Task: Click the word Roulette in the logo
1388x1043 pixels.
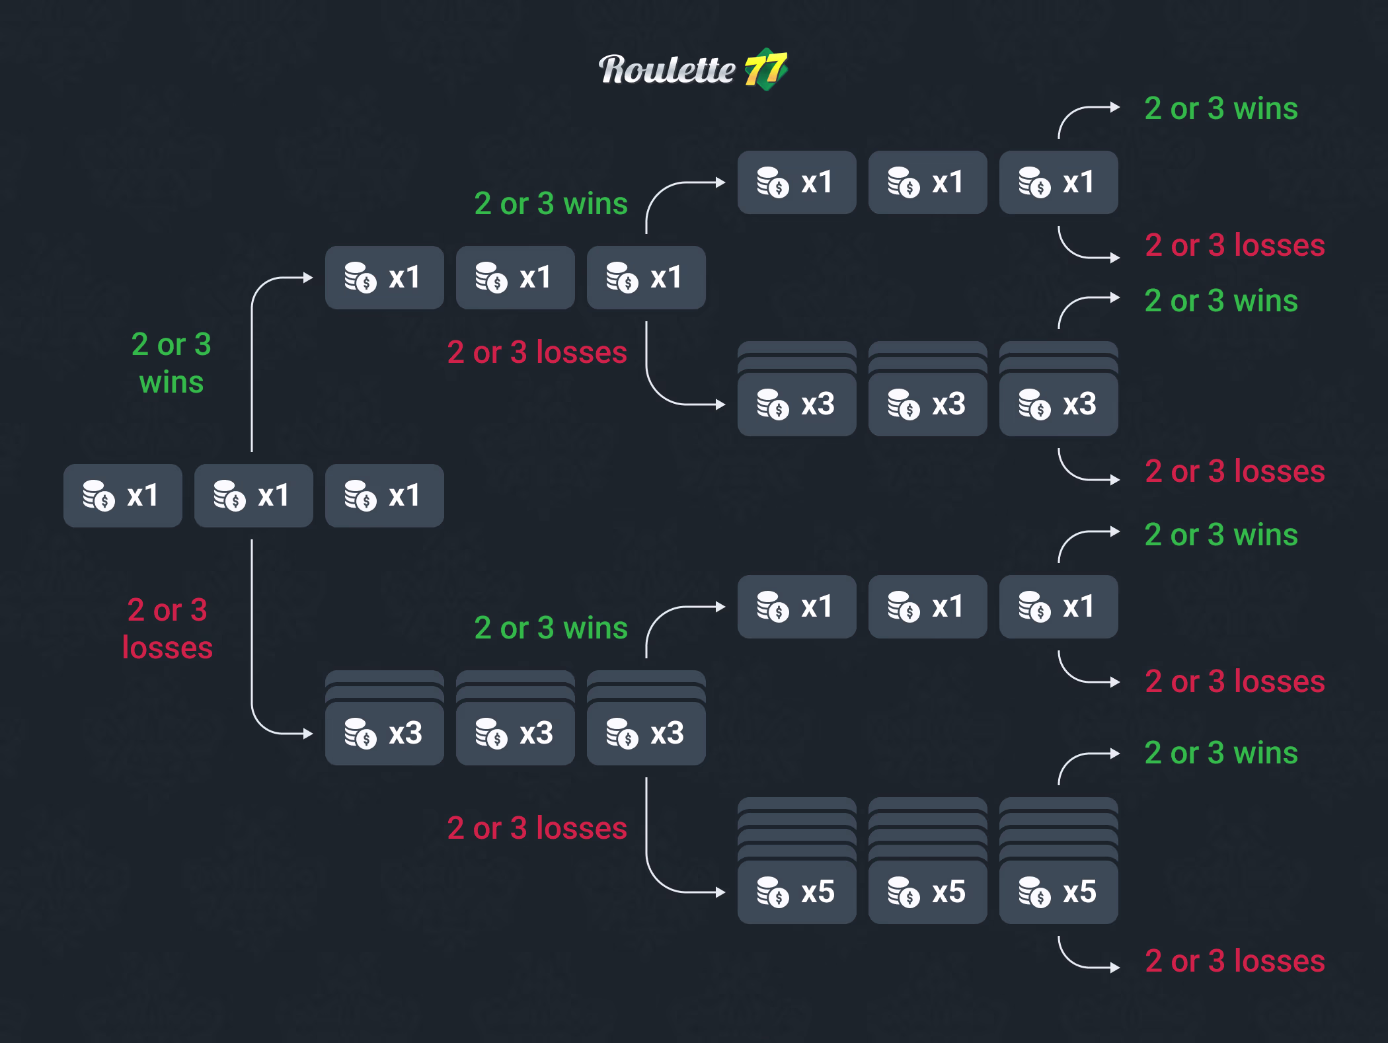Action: [666, 69]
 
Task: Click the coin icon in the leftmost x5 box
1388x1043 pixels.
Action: [773, 892]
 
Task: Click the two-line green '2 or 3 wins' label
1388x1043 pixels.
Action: [171, 363]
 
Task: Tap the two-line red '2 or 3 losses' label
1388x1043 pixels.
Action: [167, 629]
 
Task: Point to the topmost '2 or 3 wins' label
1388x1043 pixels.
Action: [1221, 108]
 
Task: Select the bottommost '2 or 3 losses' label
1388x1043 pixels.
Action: [1235, 960]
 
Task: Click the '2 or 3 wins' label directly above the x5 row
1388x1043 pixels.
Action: [1221, 753]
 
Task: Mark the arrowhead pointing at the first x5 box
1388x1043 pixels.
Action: [722, 892]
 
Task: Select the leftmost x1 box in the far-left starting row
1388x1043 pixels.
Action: [122, 495]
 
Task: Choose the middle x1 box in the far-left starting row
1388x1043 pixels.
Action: [253, 495]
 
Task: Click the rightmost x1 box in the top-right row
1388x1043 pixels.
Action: [1058, 182]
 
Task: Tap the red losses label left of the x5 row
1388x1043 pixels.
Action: [537, 828]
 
